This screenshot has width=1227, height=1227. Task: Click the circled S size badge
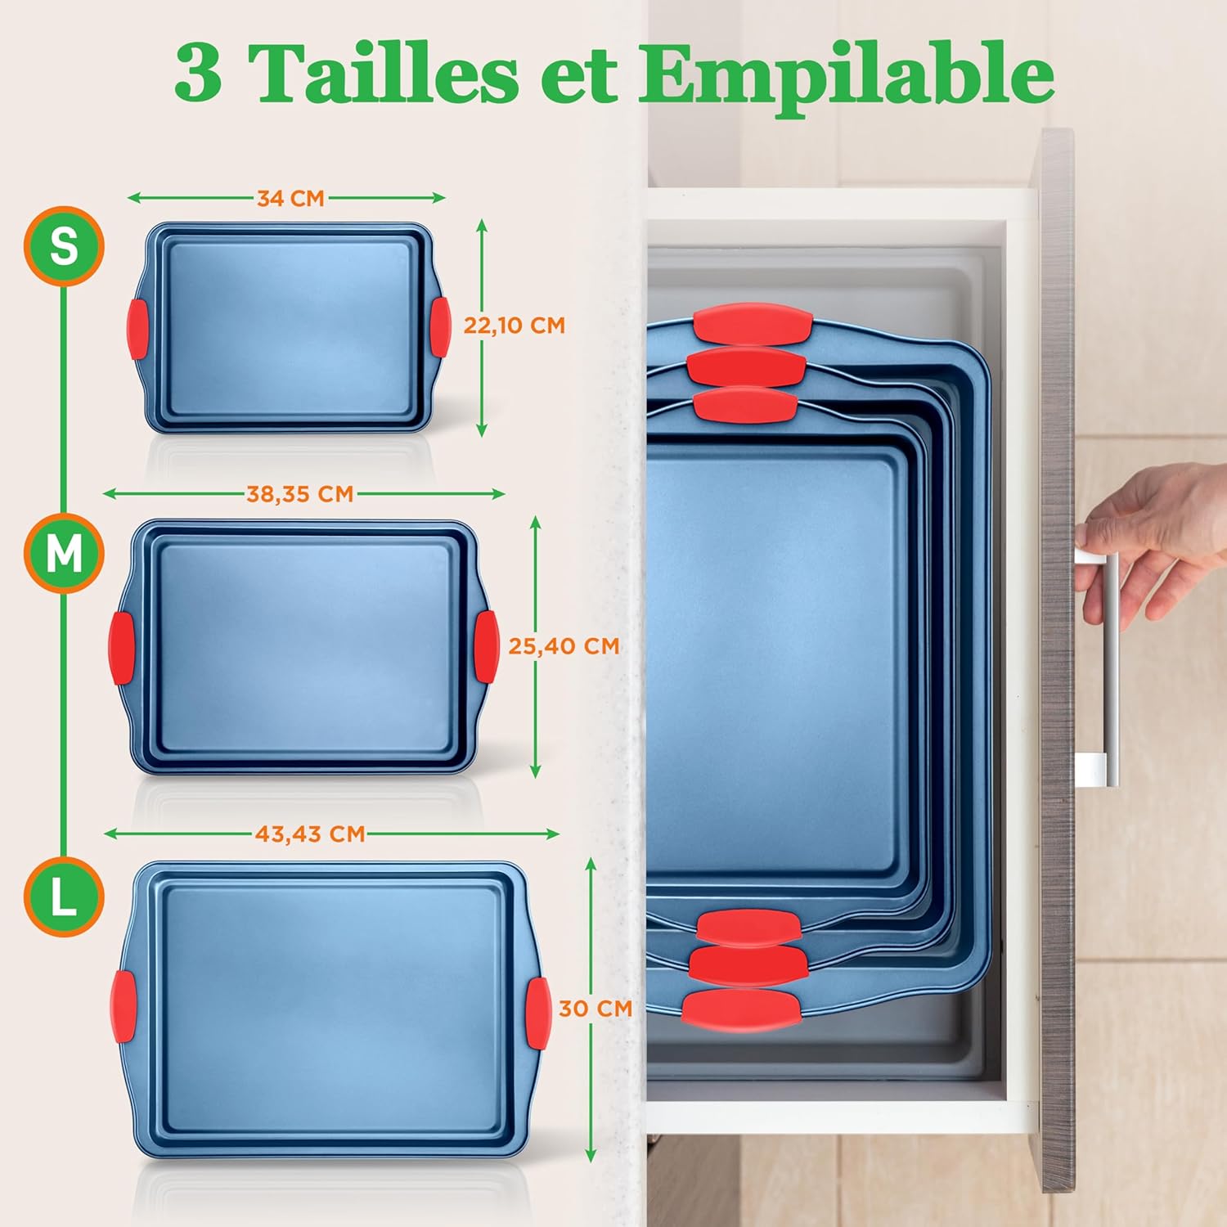pyautogui.click(x=64, y=245)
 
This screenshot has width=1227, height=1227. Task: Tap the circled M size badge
pyautogui.click(x=64, y=554)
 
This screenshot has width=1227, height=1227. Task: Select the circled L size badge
pyautogui.click(x=64, y=897)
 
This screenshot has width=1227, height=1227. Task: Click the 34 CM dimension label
pyautogui.click(x=290, y=198)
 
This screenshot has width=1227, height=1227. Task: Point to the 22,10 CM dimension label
pyautogui.click(x=515, y=325)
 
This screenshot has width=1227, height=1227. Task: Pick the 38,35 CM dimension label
pyautogui.click(x=300, y=494)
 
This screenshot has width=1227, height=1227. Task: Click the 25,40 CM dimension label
pyautogui.click(x=564, y=646)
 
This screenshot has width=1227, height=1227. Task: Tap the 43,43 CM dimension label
pyautogui.click(x=310, y=834)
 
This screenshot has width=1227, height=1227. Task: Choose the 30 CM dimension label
pyautogui.click(x=596, y=1009)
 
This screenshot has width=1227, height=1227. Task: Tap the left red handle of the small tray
pyautogui.click(x=137, y=329)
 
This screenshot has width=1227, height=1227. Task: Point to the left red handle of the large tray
pyautogui.click(x=124, y=1006)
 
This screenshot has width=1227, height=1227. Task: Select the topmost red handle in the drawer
pyautogui.click(x=753, y=324)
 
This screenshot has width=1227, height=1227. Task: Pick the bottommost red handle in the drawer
pyautogui.click(x=742, y=1009)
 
